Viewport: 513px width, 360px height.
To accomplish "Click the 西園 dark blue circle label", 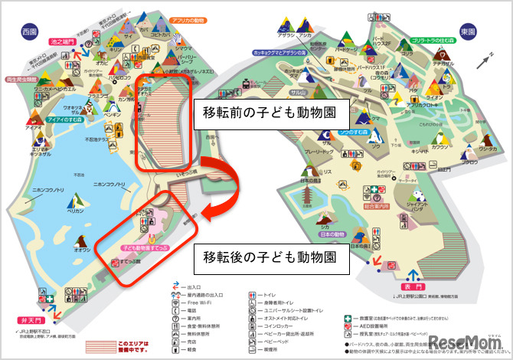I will tap(30, 32).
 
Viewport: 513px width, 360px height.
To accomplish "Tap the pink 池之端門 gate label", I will tap(61, 42).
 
